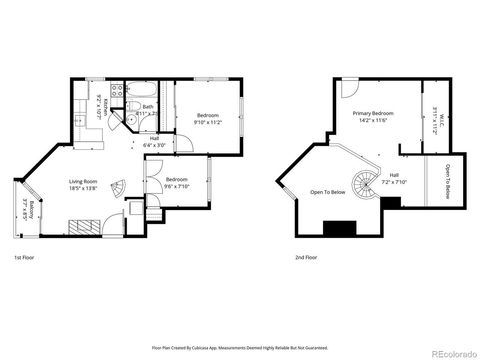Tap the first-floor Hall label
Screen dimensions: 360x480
154,141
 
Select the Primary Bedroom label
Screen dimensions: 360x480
371,117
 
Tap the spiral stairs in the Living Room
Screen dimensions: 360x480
118,187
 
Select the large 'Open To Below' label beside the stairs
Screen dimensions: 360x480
327,192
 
